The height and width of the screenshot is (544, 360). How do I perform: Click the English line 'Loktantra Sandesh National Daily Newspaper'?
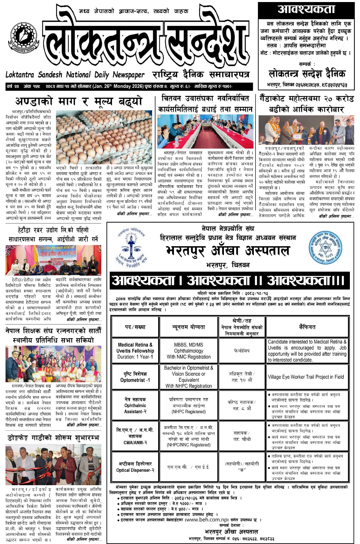point(75,75)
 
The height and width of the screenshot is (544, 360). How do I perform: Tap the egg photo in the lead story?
point(104,133)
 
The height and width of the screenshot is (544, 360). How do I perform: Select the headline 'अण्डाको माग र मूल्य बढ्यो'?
point(79,101)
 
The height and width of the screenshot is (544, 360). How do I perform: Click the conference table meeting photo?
point(205,132)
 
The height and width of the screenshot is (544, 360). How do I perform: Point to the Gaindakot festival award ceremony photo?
point(306,130)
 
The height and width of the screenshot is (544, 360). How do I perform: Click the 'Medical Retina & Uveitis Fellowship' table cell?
point(135,351)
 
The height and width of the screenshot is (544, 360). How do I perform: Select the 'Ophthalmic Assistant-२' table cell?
point(135,405)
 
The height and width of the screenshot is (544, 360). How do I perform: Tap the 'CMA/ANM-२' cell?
point(135,436)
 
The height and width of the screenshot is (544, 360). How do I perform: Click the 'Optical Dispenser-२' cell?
point(135,467)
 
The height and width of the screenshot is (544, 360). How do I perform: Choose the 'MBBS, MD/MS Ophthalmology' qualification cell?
point(189,351)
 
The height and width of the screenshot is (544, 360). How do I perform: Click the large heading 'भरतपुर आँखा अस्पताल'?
point(228,251)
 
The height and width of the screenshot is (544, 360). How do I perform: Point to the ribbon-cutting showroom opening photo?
point(53,464)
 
